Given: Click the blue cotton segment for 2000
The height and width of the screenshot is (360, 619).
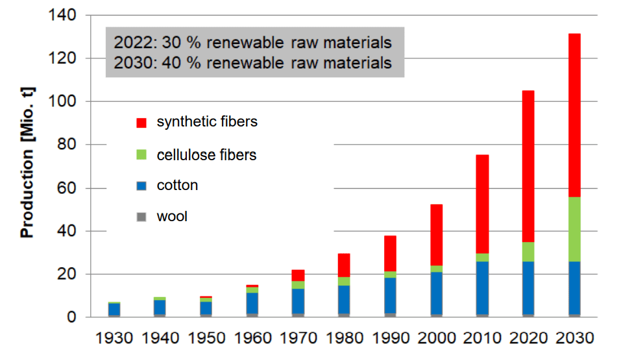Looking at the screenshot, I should click(436, 293).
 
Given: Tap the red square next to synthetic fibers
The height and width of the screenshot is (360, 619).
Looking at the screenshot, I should click(141, 123).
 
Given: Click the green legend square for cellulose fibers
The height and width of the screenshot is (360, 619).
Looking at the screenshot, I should click(141, 156).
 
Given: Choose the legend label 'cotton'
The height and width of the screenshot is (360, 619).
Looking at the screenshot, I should click(177, 186).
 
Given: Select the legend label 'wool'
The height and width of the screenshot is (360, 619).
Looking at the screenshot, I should click(172, 217).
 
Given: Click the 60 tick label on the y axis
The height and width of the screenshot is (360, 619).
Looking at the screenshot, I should click(68, 188).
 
